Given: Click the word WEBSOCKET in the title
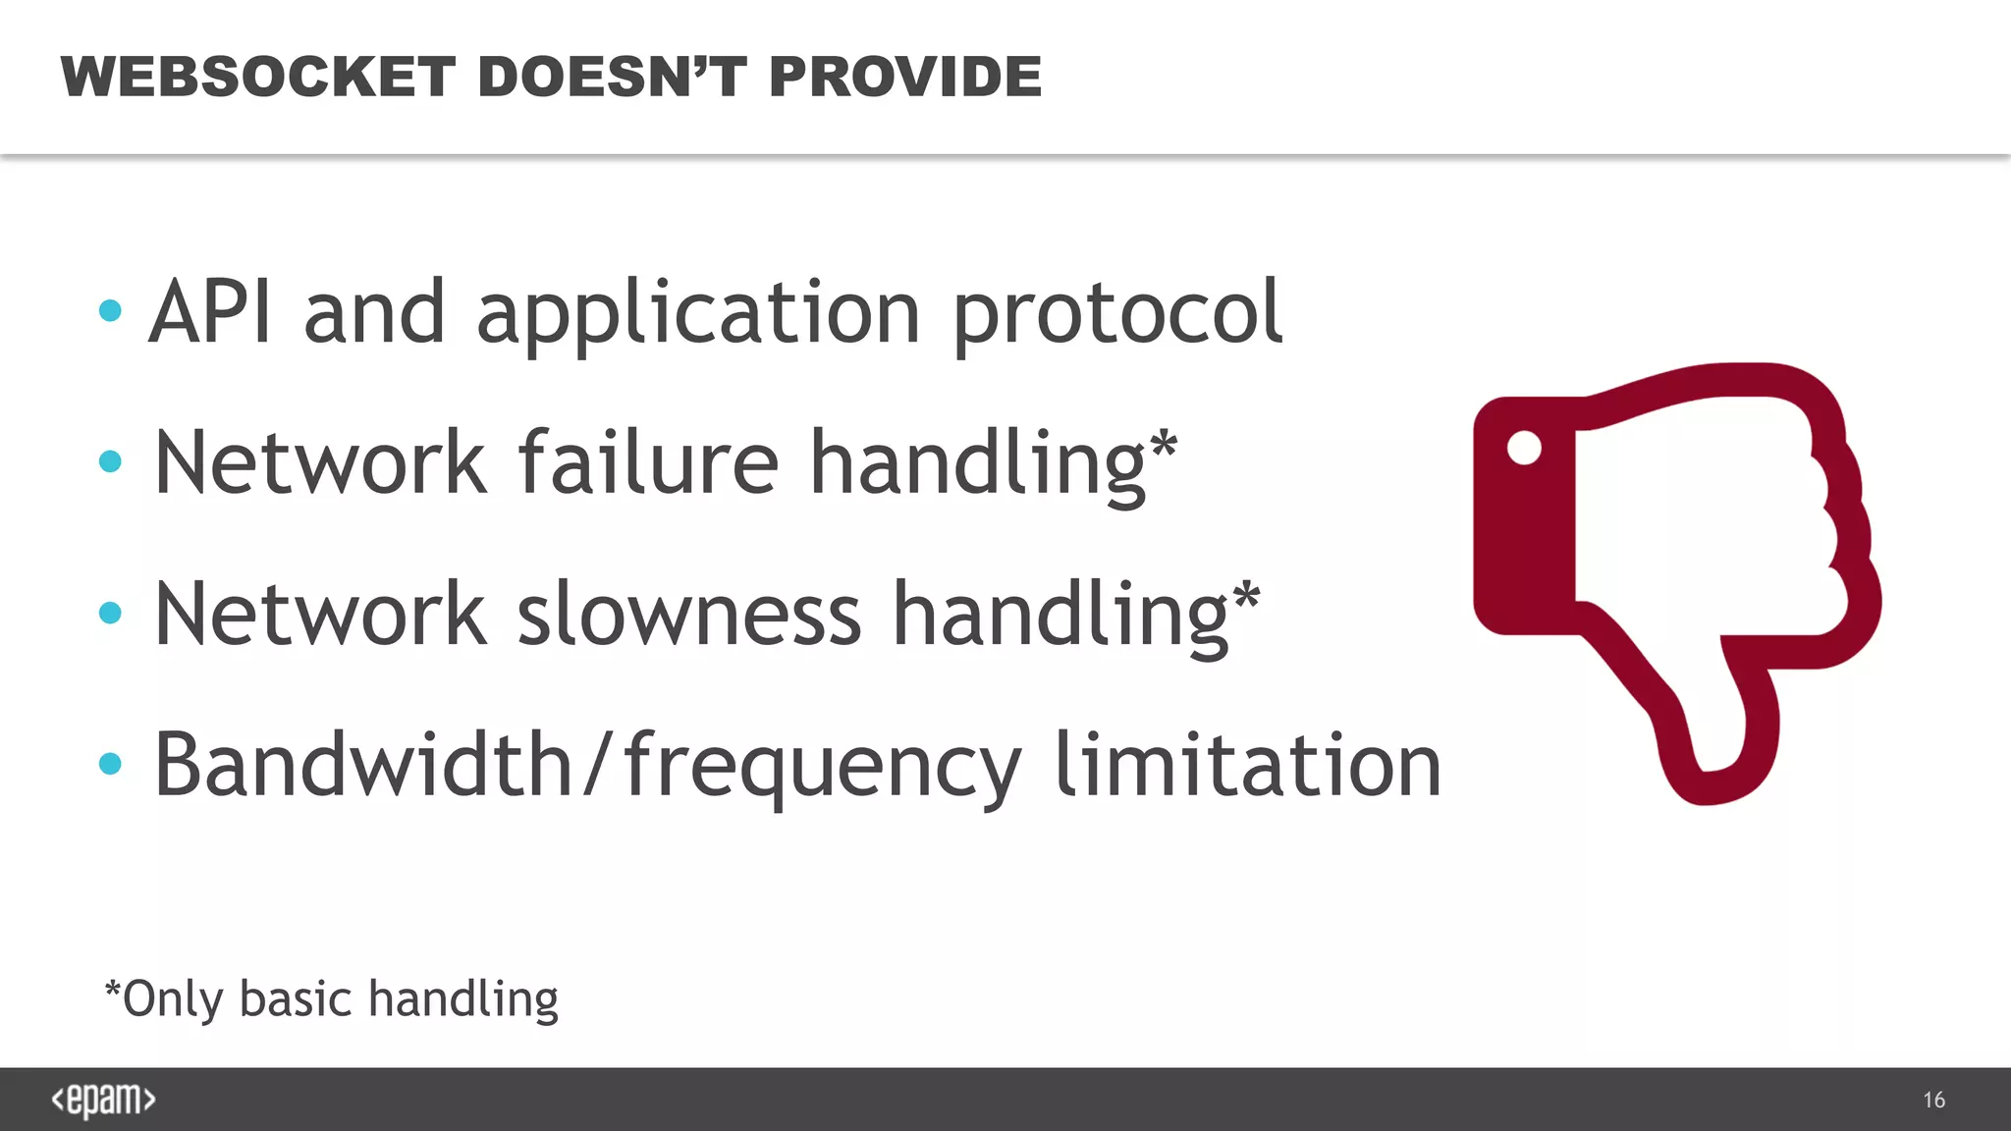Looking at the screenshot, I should (x=258, y=77).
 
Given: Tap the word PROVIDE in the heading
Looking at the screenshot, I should (x=904, y=77).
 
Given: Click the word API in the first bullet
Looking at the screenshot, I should (x=210, y=312).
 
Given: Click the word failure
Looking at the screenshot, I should (x=648, y=463).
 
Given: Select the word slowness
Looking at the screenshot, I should (x=688, y=615).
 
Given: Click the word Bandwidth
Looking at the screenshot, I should (x=363, y=766).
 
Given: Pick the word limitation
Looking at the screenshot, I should (x=1247, y=766).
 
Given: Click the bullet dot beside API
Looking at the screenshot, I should (x=110, y=311).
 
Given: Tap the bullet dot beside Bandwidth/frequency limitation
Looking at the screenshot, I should (x=110, y=764).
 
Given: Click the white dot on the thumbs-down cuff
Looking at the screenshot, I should (x=1524, y=448).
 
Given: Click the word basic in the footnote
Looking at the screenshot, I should (x=296, y=999).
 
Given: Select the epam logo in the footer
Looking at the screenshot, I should (x=103, y=1100).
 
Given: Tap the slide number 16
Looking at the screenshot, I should (x=1933, y=1101).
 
